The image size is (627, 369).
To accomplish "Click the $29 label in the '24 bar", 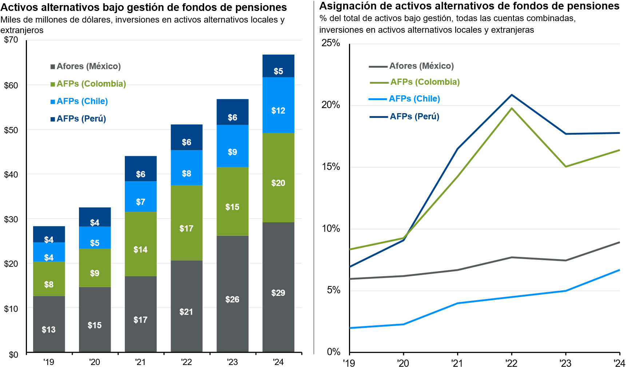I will click(x=278, y=293).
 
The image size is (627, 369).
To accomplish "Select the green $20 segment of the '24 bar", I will click(x=278, y=178).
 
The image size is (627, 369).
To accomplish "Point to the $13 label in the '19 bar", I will click(x=49, y=330).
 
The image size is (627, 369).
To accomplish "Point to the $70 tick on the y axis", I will click(x=11, y=40).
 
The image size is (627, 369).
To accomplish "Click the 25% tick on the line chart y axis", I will click(x=330, y=43).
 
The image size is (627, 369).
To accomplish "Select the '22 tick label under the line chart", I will click(x=511, y=363).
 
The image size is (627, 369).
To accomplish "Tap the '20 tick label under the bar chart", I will click(x=95, y=362).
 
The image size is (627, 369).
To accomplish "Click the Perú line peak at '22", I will click(x=512, y=95).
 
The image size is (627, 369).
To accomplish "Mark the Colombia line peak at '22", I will click(x=512, y=108).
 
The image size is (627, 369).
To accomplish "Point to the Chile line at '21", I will click(x=457, y=303).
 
